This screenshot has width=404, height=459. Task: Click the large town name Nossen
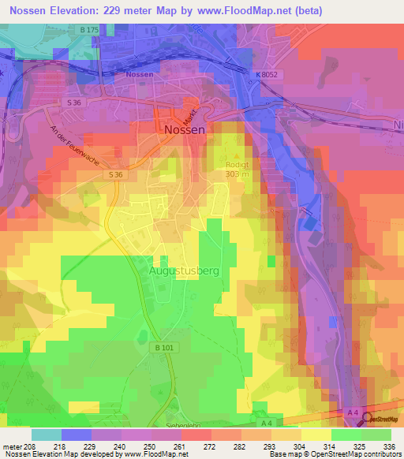(185, 129)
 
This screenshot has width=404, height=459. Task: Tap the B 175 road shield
(88, 29)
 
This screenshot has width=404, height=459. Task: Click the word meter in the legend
(9, 447)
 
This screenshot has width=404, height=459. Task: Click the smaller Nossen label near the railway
(138, 74)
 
